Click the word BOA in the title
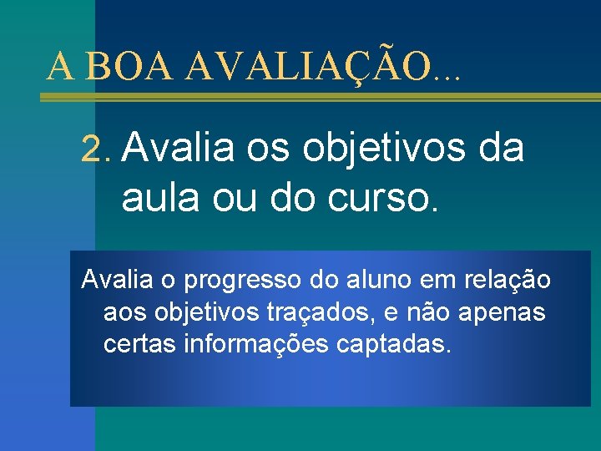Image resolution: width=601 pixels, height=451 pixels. pos(129,66)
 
